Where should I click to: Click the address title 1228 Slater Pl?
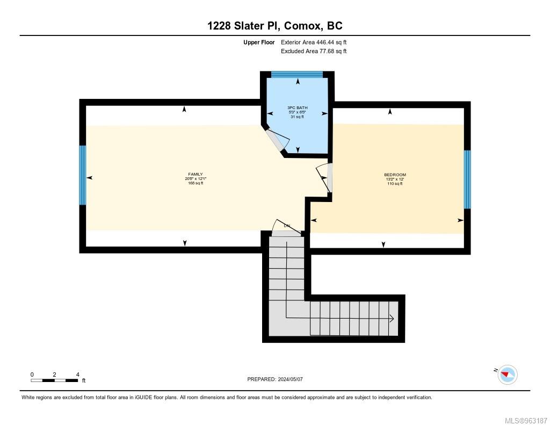(274, 25)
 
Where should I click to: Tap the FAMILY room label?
(195, 174)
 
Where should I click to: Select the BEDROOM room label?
(395, 175)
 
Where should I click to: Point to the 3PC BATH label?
(297, 107)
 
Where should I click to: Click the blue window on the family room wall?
(82, 175)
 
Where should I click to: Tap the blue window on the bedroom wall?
(467, 179)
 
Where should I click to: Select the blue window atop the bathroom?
(296, 75)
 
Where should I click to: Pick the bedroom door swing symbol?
(324, 177)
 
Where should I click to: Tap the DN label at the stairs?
(287, 226)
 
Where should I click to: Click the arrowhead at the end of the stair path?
(392, 319)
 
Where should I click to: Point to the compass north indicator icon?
(507, 374)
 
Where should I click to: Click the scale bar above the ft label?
(54, 380)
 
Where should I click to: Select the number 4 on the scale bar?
(78, 374)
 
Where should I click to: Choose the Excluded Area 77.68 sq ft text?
(314, 52)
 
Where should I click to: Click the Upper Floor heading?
(259, 42)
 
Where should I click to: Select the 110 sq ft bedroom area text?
(395, 184)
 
